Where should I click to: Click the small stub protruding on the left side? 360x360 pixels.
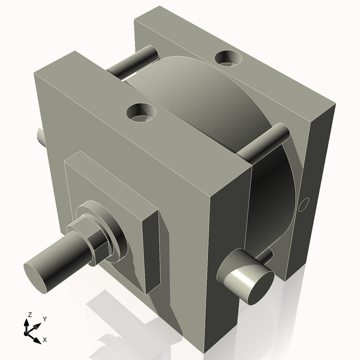click(41, 137)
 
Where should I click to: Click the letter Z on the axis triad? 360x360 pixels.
click(28, 314)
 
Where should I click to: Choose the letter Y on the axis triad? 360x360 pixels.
click(44, 319)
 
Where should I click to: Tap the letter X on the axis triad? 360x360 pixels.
click(44, 340)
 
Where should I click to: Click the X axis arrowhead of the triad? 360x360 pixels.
click(37, 336)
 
